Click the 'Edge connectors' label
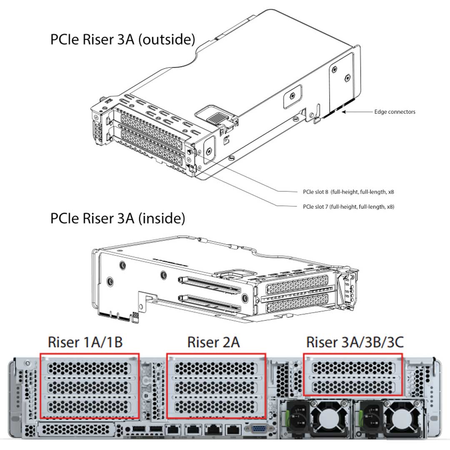point(394,112)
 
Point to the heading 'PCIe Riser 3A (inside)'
point(117,218)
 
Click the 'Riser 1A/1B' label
point(85,342)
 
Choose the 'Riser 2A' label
point(213,342)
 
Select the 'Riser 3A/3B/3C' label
point(355,342)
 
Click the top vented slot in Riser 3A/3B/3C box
point(352,367)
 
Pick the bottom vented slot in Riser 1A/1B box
point(89,406)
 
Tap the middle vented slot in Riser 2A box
point(216,387)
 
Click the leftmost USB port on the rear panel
point(138,429)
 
